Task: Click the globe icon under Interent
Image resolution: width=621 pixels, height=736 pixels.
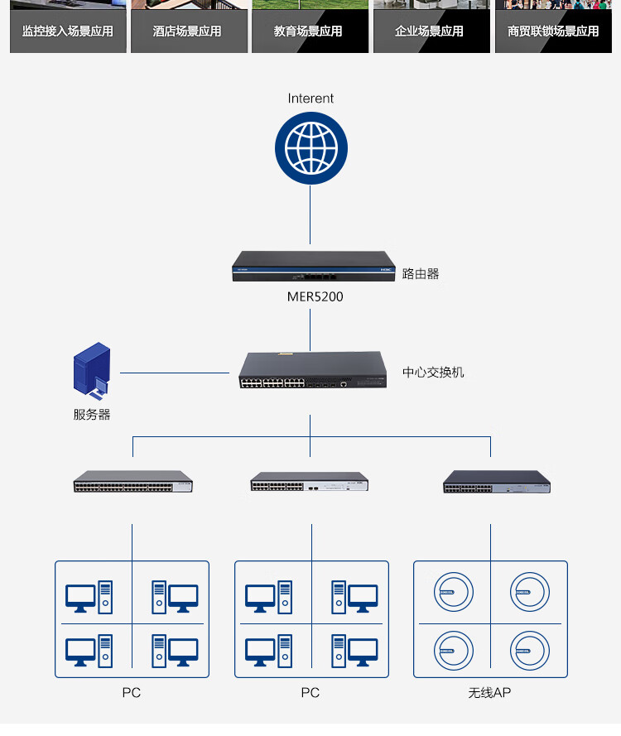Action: point(311,148)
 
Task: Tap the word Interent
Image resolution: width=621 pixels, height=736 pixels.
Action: point(310,98)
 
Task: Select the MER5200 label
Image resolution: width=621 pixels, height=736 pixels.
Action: point(315,296)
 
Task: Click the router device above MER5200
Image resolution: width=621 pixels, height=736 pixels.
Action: point(314,266)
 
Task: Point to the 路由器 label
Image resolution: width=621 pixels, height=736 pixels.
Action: point(421,274)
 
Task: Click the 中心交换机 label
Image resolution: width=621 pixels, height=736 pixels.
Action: point(433,373)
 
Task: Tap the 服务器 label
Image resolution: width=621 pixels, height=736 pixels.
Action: point(92,415)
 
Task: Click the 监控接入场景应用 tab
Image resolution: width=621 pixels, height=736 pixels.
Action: point(68,31)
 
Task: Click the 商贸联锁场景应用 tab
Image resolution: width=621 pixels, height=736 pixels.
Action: point(553,31)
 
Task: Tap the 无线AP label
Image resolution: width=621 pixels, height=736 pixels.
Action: point(489,693)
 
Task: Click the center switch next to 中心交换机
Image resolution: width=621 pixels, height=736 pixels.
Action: point(313,370)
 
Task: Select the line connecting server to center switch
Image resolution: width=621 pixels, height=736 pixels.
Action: point(175,373)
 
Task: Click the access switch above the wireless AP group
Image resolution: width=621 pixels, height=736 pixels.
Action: point(497,482)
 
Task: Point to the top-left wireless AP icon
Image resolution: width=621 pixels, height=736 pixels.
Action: point(454,592)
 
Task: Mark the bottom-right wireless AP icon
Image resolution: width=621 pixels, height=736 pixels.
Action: point(530,651)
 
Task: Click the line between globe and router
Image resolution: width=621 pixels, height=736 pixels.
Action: point(310,214)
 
